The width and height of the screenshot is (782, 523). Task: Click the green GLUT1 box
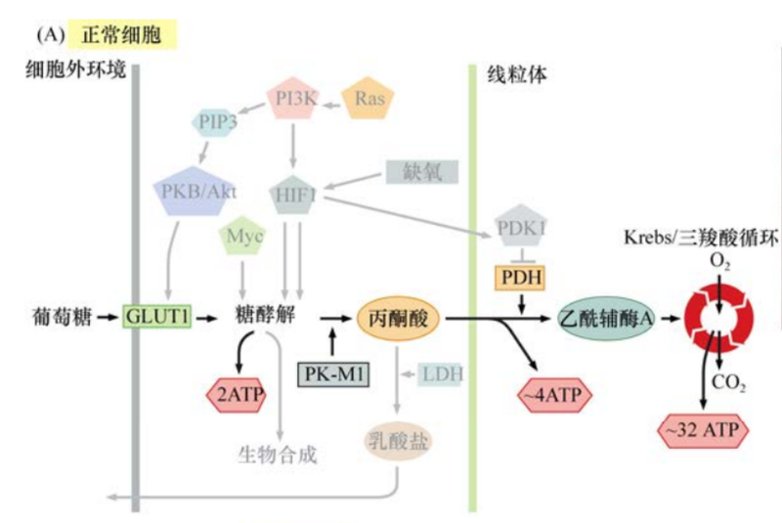(156, 317)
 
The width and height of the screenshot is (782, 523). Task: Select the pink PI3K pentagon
(294, 100)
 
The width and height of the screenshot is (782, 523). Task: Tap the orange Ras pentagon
(369, 100)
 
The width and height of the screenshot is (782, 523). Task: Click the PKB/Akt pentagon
(195, 191)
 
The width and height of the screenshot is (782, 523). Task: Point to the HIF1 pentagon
(294, 193)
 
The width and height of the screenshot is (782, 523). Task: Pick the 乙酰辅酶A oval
(606, 318)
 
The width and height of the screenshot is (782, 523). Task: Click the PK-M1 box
(332, 374)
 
